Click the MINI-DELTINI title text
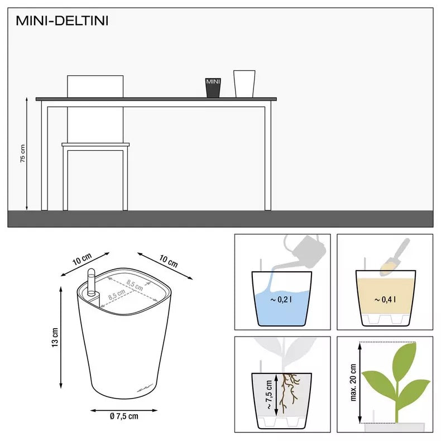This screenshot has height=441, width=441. [62, 21]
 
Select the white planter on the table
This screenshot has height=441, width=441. [244, 84]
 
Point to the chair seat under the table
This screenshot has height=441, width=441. [95, 145]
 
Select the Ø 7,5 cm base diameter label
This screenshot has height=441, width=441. [124, 415]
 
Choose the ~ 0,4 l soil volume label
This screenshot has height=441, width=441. [385, 300]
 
